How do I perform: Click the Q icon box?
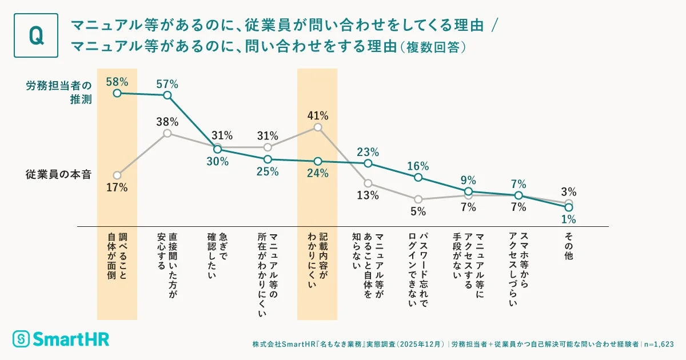35,35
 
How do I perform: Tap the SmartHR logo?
61,338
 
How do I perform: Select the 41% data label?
318,115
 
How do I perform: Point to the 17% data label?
117,187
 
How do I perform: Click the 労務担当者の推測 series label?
58,91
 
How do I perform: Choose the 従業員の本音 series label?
58,174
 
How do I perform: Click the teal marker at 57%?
167,95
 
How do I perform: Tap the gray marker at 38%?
167,133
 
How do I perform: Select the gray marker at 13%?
368,183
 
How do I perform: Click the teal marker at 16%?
418,178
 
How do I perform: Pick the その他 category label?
568,243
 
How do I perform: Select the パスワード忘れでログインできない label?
418,269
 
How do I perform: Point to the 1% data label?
568,219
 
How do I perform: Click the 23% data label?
368,152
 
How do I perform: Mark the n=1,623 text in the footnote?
659,345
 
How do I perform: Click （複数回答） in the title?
433,46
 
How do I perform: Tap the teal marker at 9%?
468,191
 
